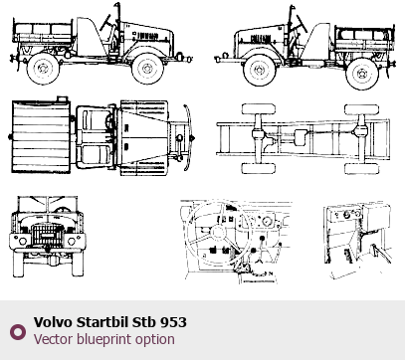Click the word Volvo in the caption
pyautogui.click(x=53, y=322)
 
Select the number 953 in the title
pyautogui.click(x=173, y=322)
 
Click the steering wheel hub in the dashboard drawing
pyautogui.click(x=218, y=232)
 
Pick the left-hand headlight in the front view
pyautogui.click(x=23, y=241)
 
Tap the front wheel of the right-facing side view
pyautogui.click(x=147, y=69)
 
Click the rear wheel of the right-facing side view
pyautogui.click(x=43, y=68)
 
